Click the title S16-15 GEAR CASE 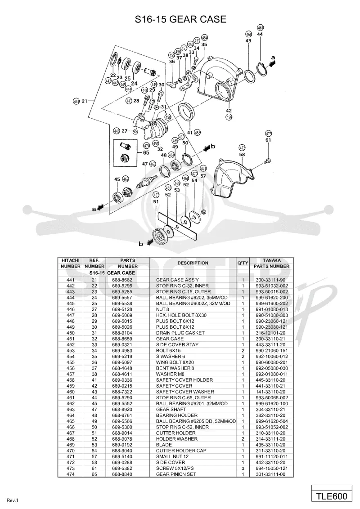coord(180,19)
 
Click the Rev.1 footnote coord(12,500)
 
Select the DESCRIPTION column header coord(193,263)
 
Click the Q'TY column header coord(243,263)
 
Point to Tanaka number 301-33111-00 coord(270,474)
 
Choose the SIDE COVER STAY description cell coord(177,345)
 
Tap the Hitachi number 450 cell coord(71,333)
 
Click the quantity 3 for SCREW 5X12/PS coord(243,469)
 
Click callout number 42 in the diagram coord(229,111)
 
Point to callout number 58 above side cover coord(242,155)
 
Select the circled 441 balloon coord(76,101)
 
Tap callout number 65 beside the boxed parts coord(146,152)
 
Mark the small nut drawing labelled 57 coord(203,212)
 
